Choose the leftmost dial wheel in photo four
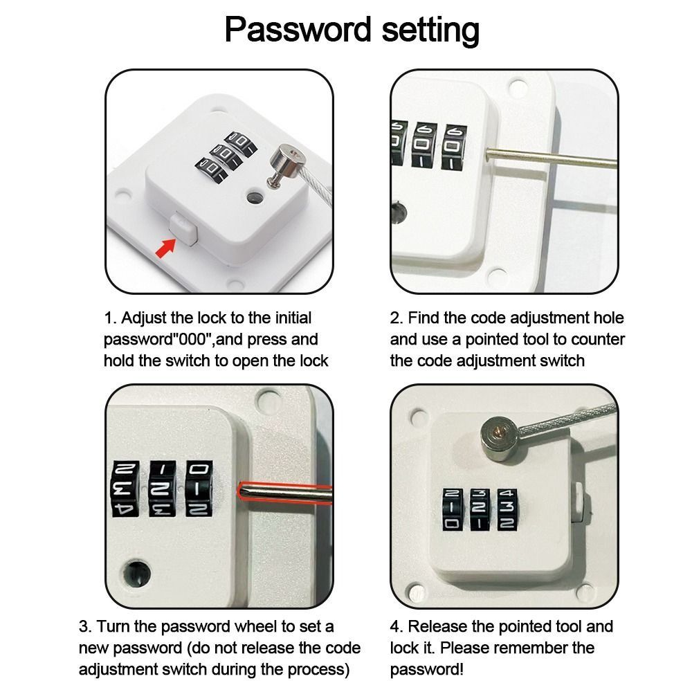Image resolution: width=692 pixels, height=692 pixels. click(x=452, y=510)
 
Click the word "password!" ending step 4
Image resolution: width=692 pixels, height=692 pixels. click(x=427, y=670)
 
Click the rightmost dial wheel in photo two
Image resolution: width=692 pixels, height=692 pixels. click(x=453, y=147)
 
